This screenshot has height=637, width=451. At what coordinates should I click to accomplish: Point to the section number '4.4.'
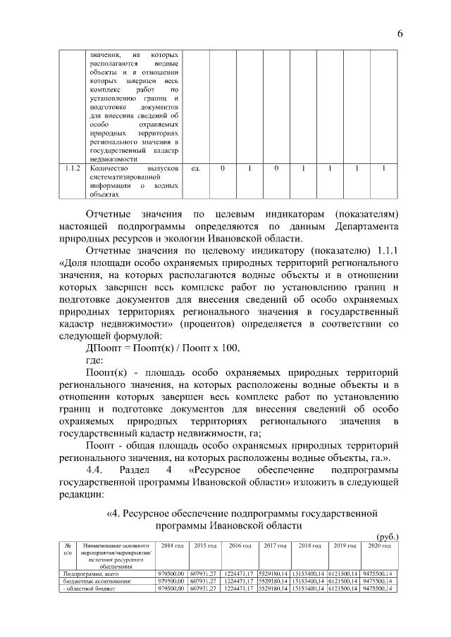coord(95,469)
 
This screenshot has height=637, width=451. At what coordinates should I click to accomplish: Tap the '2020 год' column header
coord(379,546)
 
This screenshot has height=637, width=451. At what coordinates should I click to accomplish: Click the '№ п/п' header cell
coord(67,550)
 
